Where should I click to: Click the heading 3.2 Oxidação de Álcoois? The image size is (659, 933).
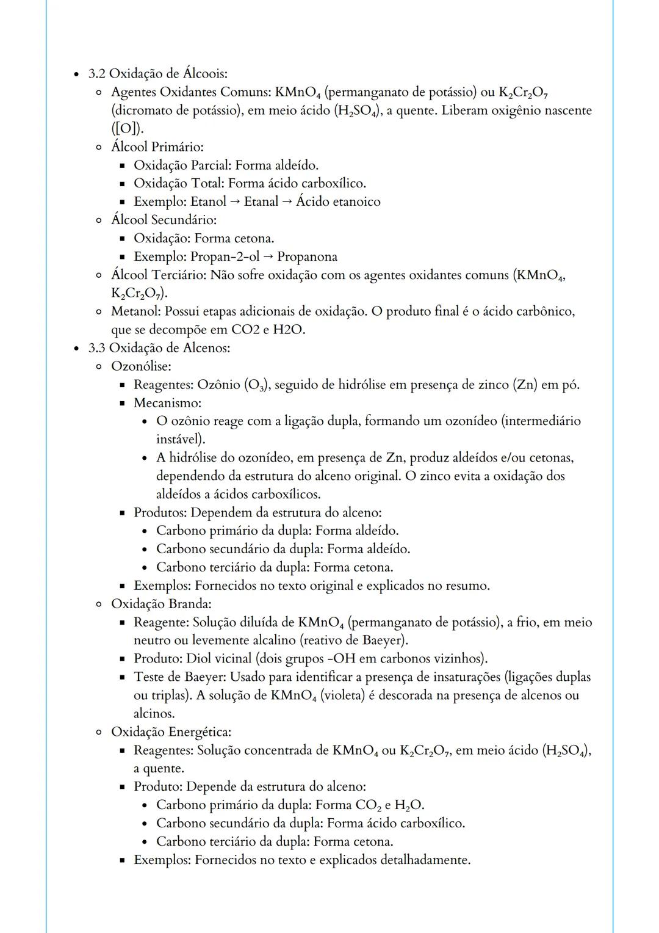pyautogui.click(x=157, y=74)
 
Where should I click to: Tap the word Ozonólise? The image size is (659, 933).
pyautogui.click(x=140, y=366)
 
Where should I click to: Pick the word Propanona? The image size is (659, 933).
pyautogui.click(x=307, y=256)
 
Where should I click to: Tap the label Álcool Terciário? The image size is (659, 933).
pyautogui.click(x=158, y=275)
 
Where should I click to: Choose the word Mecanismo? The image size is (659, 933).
pyautogui.click(x=167, y=403)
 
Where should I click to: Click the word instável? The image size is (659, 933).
pyautogui.click(x=181, y=439)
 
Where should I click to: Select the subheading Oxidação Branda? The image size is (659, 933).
pyautogui.click(x=161, y=604)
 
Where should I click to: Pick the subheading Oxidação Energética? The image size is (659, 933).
pyautogui.click(x=171, y=732)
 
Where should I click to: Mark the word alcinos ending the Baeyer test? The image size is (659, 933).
pyautogui.click(x=154, y=713)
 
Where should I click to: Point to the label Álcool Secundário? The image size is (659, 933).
pyautogui.click(x=163, y=220)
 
